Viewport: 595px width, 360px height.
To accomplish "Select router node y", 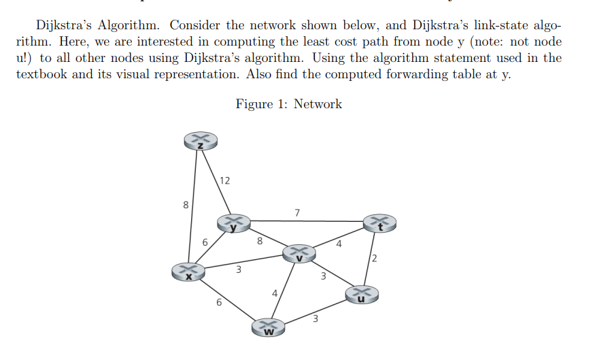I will pos(234,223).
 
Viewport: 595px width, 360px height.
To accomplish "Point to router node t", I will pos(380,223).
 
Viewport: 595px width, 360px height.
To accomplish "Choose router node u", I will pos(361,294).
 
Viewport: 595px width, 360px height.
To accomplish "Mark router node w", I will pos(269,327).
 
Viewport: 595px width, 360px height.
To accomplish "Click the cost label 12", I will pos(225,180).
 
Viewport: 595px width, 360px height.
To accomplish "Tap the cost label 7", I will pos(297,212).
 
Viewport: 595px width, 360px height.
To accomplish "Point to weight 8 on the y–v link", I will pos(259,240).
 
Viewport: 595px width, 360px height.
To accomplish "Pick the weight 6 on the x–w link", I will pos(218,303).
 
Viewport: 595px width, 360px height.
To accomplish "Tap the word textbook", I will pos(41,74).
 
